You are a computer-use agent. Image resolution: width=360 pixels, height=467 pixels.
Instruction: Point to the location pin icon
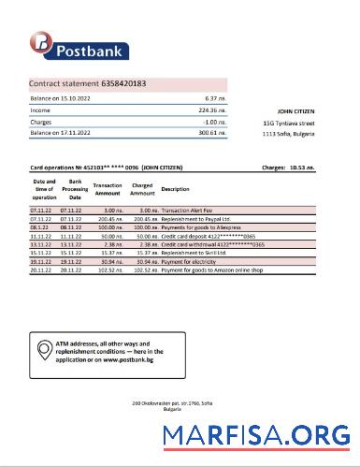click(44, 352)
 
